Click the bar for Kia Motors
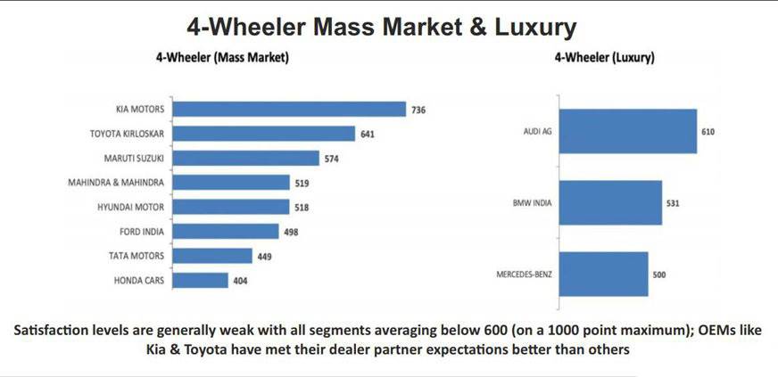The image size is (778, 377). tap(291, 110)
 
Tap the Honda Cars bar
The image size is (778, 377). tap(202, 280)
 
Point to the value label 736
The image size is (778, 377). tap(419, 110)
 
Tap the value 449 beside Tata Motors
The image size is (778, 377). tap(266, 256)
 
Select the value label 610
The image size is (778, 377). tap(708, 132)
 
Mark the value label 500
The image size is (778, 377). tap(660, 274)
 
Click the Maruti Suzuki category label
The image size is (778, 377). tap(141, 159)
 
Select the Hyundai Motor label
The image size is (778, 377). tap(139, 207)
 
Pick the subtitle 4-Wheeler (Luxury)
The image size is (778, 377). tap(605, 58)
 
